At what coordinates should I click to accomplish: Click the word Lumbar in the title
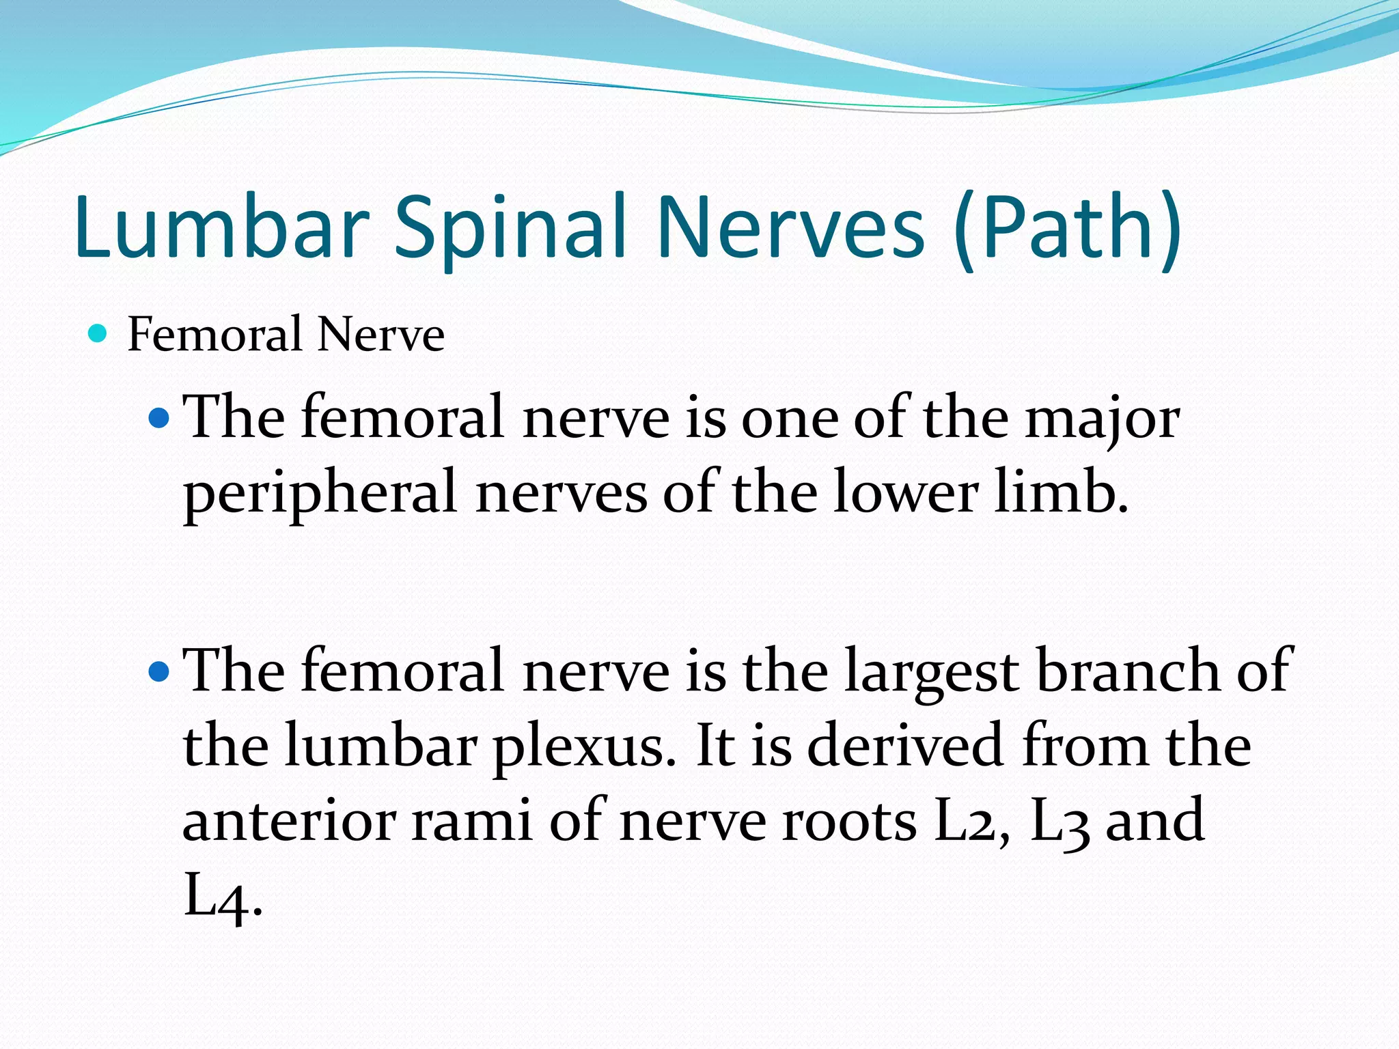coord(222,227)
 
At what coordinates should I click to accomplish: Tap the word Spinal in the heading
coord(510,227)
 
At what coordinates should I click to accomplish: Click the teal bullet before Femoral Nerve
coord(98,334)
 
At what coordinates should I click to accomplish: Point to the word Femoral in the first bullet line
coord(215,335)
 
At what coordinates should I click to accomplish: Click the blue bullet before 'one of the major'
coord(158,417)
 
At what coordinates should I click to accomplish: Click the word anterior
coord(290,821)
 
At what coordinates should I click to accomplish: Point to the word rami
coord(472,821)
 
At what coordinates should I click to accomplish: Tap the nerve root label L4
coord(219,897)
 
